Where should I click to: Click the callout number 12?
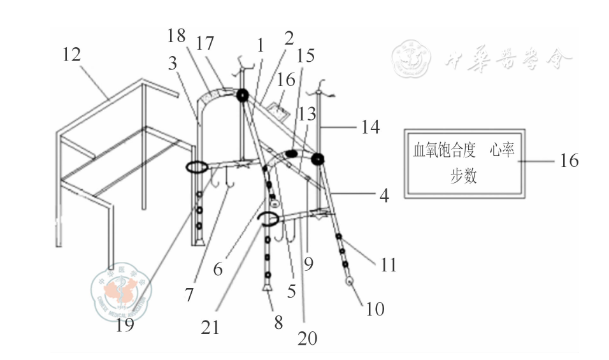point(71,55)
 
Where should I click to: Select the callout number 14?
point(370,127)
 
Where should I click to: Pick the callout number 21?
point(210,327)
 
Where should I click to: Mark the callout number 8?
point(278,322)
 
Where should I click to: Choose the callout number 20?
point(307,338)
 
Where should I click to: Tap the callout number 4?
point(384,195)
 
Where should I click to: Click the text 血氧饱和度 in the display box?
point(444,152)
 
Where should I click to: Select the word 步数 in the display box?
point(463,176)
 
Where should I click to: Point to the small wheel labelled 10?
point(350,281)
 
